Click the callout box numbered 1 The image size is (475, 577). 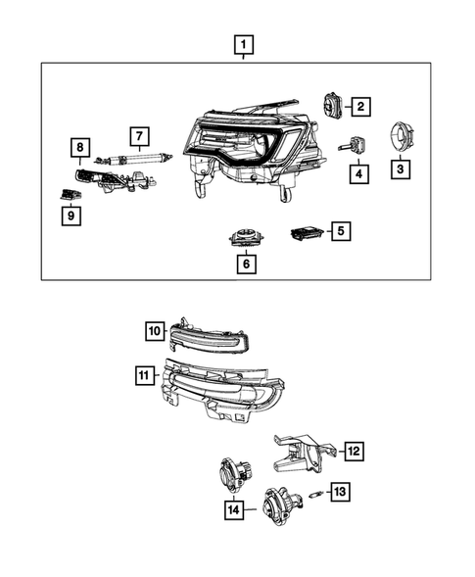tap(242, 44)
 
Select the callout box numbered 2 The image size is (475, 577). tap(360, 106)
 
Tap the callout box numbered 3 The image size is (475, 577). tap(401, 169)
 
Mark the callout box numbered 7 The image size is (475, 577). tap(140, 135)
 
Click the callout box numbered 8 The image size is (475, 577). tap(79, 148)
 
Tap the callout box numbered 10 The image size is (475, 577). tap(156, 331)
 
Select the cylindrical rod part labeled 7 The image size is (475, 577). tap(138, 155)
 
